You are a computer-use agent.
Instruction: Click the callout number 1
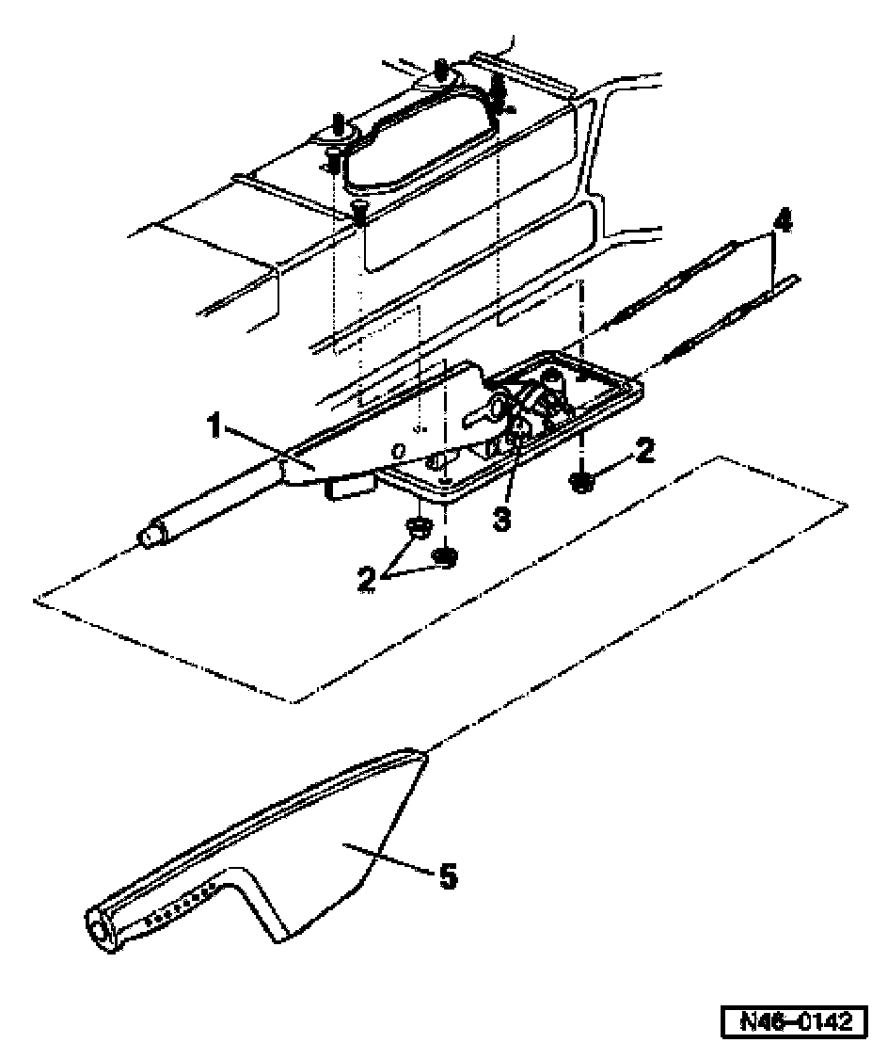(x=214, y=425)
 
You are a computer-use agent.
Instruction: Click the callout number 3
(x=501, y=518)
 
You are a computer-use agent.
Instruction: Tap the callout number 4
(x=785, y=221)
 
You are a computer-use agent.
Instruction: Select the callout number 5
(x=449, y=876)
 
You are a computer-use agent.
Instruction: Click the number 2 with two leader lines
(x=366, y=578)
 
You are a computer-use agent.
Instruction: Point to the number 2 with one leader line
(x=644, y=450)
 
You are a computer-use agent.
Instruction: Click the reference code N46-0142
(x=795, y=1019)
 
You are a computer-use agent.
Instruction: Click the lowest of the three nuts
(x=445, y=556)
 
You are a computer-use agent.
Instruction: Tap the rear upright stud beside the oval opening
(x=441, y=67)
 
